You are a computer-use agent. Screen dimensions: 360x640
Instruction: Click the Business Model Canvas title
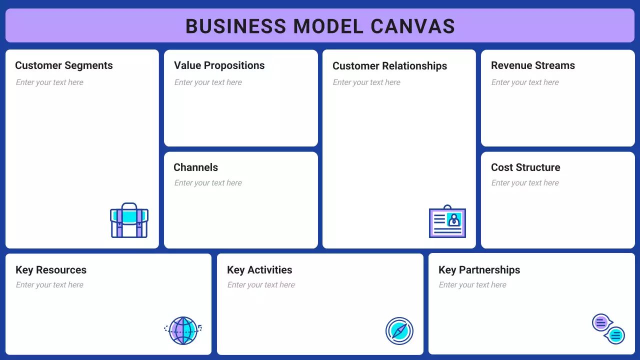coord(320,26)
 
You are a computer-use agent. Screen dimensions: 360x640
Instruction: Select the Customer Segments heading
coord(64,65)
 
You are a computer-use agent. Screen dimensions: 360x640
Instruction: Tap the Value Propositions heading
coord(219,65)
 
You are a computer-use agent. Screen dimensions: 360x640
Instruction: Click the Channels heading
coord(195,167)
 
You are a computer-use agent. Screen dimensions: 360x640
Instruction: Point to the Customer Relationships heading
coord(389,66)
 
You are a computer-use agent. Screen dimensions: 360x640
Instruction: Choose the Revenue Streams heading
coord(532,65)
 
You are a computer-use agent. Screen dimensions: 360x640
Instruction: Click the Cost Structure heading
coord(525,167)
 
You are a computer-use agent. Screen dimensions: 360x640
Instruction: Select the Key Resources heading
coord(51,270)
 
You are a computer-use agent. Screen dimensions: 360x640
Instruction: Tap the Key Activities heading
coord(259,270)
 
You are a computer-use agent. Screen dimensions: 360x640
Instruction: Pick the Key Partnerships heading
coord(479,270)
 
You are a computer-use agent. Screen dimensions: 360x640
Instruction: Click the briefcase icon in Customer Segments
coord(129,220)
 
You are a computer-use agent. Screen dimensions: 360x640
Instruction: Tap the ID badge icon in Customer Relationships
coord(447,221)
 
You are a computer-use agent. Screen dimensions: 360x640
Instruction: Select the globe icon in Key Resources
coord(183,330)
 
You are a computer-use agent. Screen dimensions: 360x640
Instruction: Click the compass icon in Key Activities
coord(399,331)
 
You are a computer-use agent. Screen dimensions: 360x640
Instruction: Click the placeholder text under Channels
coord(208,183)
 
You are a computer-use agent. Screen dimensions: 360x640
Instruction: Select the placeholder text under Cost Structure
coord(525,183)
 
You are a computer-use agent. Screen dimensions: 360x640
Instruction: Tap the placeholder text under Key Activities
coord(261,285)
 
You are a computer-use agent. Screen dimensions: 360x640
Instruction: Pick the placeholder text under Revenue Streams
coord(525,82)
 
